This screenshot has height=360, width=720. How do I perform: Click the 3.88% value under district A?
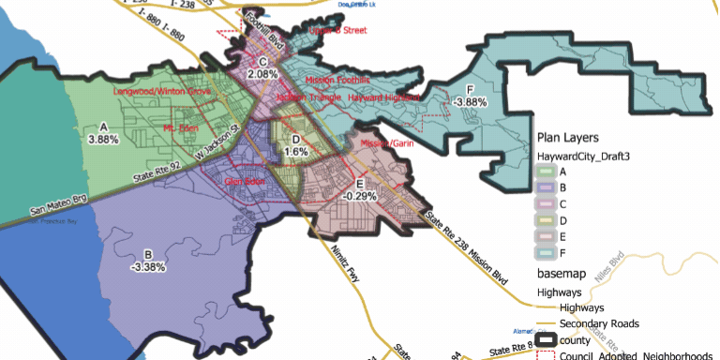pos(103,139)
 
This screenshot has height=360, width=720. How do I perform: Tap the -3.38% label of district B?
pos(148,266)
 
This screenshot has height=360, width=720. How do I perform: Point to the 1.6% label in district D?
pos(296,151)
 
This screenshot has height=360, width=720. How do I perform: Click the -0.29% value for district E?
pos(360,196)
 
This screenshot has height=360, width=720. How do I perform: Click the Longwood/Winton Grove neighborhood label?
pos(161,92)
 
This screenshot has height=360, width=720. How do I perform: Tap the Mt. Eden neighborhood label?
pos(182,127)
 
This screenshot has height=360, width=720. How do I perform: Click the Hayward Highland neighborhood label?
pos(384,97)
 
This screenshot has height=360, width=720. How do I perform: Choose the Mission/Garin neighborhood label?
pos(387,143)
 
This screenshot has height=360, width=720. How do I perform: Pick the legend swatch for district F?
pos(546,253)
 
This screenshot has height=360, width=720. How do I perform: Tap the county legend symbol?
pos(546,340)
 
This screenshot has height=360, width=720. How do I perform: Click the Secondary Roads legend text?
pos(599,323)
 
